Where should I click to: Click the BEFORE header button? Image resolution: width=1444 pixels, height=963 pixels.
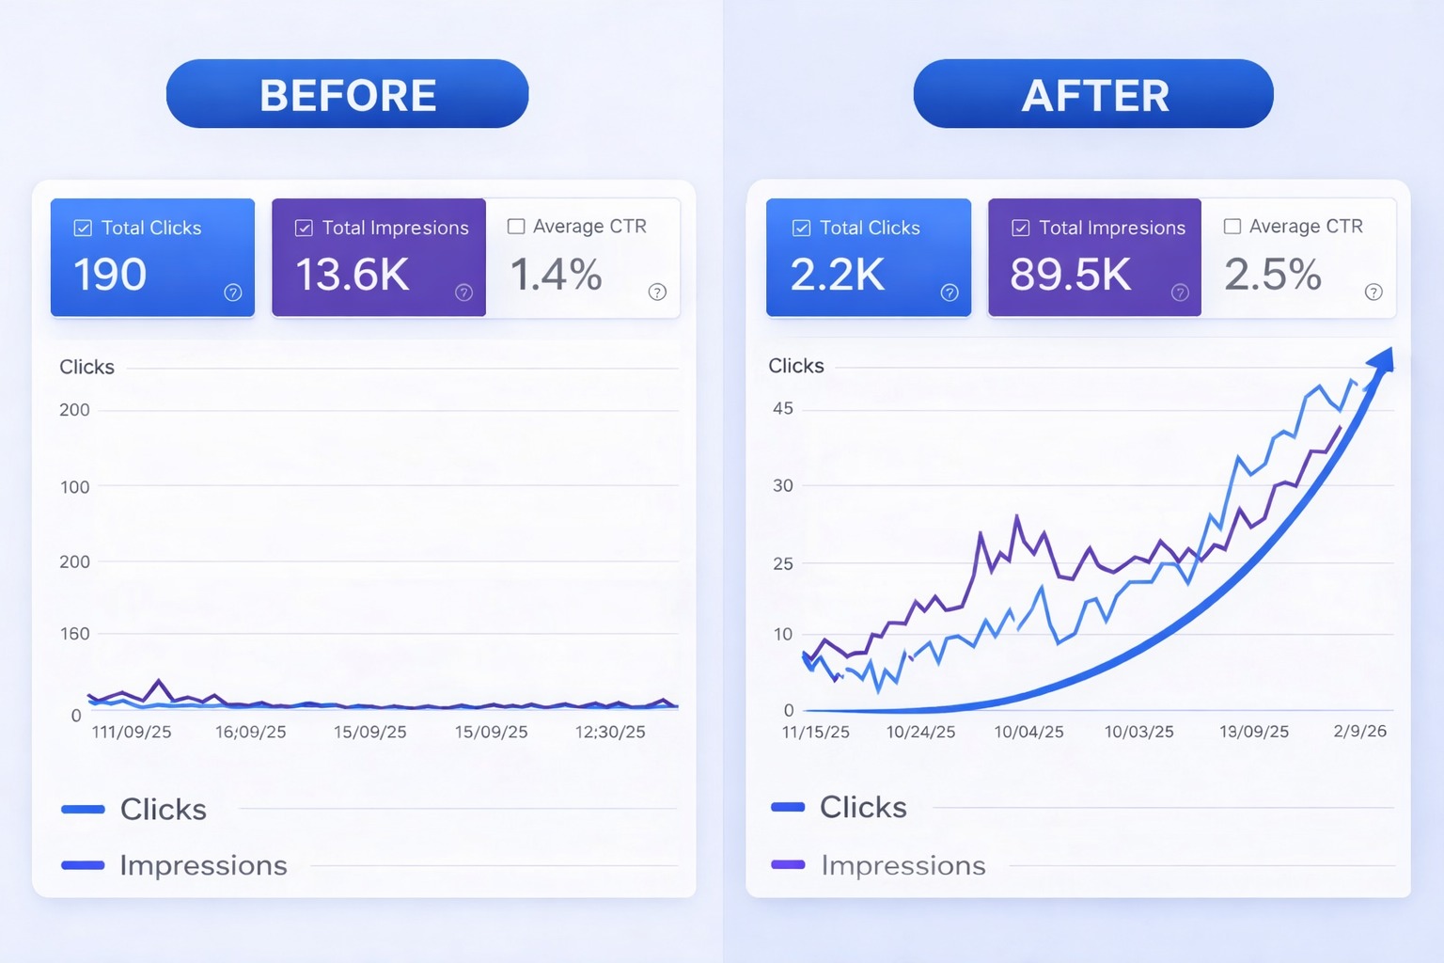point(347,94)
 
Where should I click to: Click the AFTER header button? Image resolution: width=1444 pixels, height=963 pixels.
point(1093,94)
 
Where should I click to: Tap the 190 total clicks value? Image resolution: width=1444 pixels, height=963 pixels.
point(110,275)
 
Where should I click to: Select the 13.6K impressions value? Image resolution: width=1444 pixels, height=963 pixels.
point(353,275)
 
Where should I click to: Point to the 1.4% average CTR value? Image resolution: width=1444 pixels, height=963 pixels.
point(556,275)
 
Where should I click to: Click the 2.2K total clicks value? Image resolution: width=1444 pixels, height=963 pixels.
point(837,275)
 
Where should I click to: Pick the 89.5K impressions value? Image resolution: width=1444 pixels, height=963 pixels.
point(1070,275)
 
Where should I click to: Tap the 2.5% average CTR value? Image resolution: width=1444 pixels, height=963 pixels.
point(1273,275)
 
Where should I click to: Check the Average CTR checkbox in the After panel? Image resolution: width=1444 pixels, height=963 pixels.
point(1232,227)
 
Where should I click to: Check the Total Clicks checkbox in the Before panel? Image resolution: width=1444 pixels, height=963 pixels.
point(83,228)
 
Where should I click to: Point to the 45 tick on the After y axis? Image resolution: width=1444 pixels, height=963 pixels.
point(783,408)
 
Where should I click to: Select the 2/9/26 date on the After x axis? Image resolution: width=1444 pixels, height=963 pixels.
point(1359,731)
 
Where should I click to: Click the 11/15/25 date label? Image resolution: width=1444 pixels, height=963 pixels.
point(815,732)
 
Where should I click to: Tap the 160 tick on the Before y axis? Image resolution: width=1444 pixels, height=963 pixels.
point(75,634)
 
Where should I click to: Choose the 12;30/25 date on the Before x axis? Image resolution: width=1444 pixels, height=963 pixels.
point(610,732)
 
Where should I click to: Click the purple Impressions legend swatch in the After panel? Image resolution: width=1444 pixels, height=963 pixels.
point(788,864)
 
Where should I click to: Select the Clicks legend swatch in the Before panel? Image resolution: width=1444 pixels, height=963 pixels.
point(83,809)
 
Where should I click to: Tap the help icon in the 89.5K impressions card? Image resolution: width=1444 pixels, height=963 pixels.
point(1180,292)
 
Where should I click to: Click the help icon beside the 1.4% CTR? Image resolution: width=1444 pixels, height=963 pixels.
point(657,292)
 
